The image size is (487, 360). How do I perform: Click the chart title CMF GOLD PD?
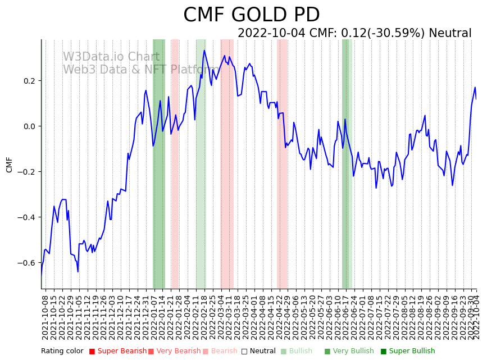click(251, 15)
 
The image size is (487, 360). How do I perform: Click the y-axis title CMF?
click(9, 165)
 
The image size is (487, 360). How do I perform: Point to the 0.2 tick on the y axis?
click(28, 81)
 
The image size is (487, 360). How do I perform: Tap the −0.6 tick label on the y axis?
click(26, 263)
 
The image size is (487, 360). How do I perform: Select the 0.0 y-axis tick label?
click(28, 126)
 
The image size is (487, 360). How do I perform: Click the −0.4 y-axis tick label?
click(26, 217)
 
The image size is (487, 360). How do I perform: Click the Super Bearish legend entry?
click(117, 352)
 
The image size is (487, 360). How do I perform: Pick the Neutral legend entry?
click(258, 352)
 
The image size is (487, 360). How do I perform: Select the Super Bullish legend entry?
click(408, 352)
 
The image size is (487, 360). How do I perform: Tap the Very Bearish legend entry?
click(174, 352)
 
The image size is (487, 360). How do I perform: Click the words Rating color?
click(62, 352)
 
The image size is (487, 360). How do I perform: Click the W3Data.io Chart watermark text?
click(111, 57)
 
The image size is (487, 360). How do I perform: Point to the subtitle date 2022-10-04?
click(271, 33)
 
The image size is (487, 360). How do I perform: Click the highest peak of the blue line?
click(204, 51)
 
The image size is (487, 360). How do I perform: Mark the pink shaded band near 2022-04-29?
click(282, 163)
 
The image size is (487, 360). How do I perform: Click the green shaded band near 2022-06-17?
click(346, 163)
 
